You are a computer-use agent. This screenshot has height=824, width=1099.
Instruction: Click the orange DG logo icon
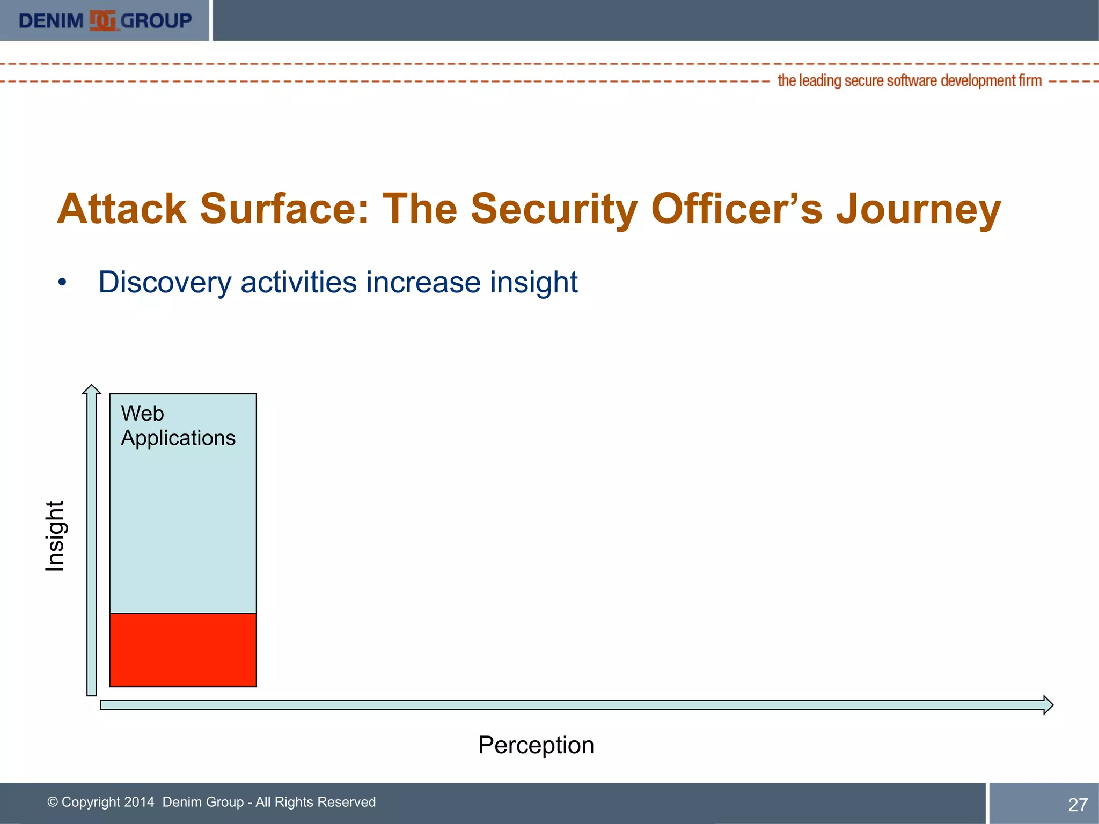tap(102, 20)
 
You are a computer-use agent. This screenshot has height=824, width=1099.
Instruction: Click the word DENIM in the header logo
tap(51, 21)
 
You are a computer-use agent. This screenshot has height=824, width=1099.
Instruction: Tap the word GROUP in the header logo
tap(156, 21)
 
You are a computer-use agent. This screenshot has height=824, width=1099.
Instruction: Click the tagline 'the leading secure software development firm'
tap(909, 80)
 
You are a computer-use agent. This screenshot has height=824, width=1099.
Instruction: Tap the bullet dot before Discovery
tap(63, 283)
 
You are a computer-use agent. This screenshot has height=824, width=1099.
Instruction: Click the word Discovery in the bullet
tap(164, 282)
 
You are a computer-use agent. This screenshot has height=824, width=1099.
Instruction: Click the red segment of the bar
tap(183, 650)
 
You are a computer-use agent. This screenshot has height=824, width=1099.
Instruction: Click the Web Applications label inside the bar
tap(178, 426)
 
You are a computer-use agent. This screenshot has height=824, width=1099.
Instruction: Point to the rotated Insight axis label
tap(55, 536)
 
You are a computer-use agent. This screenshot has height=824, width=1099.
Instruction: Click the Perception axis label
tap(536, 745)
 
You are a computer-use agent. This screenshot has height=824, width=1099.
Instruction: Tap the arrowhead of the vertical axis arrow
tap(92, 389)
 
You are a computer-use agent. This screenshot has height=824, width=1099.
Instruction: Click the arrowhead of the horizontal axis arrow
tap(1047, 704)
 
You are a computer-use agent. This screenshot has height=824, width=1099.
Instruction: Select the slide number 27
tap(1078, 805)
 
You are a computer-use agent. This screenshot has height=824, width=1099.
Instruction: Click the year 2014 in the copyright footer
tap(139, 802)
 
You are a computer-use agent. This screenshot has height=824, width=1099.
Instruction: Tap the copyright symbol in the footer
tap(53, 802)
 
